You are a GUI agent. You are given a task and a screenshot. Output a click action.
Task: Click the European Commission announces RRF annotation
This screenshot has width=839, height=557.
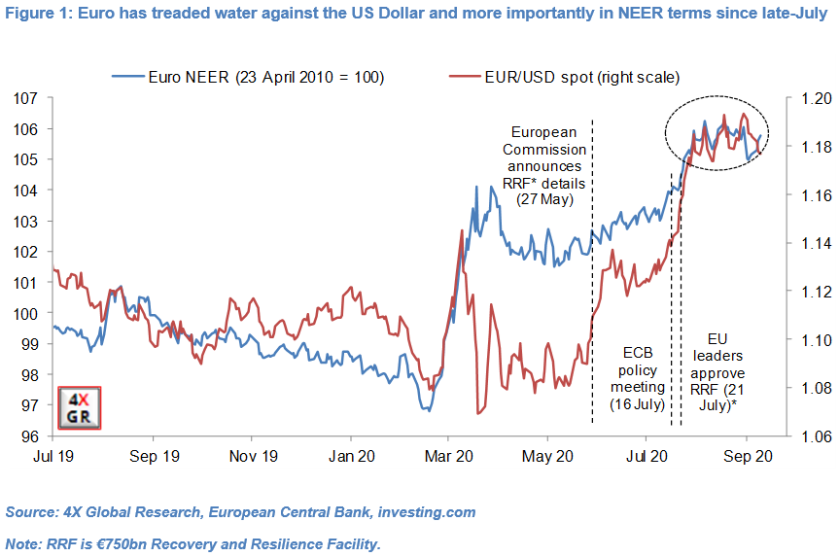click(x=543, y=165)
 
